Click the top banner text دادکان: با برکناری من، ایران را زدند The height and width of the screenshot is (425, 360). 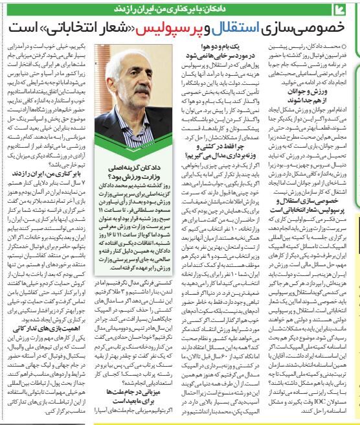278,8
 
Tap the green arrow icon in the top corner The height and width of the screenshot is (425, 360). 350,8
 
